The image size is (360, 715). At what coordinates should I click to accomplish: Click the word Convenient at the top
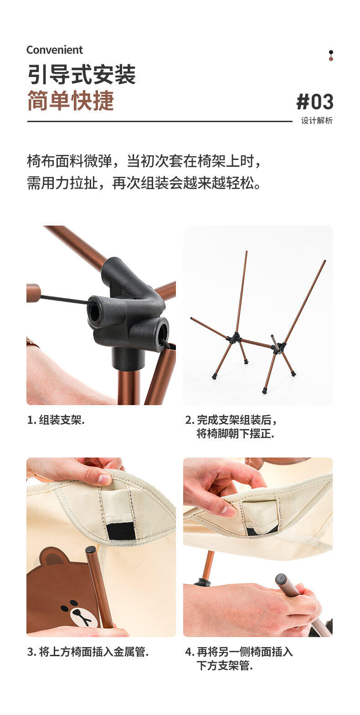[55, 50]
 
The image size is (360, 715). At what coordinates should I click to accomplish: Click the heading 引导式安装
[82, 75]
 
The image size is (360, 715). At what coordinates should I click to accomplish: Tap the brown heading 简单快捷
[71, 101]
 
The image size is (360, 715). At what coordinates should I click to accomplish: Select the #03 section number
[315, 102]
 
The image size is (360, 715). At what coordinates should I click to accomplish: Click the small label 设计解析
[317, 120]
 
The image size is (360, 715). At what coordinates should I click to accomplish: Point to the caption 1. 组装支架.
[56, 420]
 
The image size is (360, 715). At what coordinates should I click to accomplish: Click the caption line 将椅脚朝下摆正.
[235, 434]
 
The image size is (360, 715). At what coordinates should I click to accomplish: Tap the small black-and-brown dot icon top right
[331, 55]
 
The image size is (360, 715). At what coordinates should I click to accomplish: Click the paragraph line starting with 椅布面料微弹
[144, 161]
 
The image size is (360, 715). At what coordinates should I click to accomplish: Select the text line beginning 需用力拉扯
[144, 183]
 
